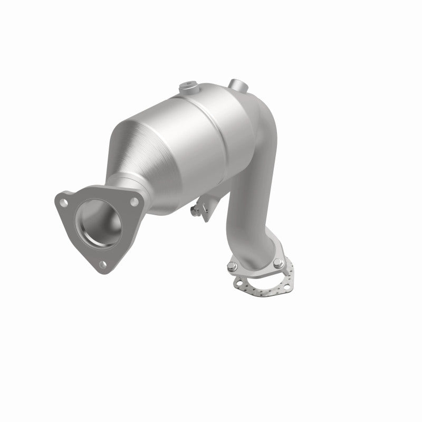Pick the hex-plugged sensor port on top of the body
(188, 86)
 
